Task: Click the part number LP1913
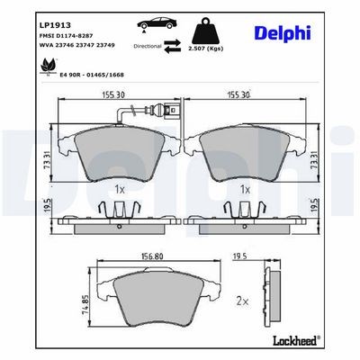point(55,25)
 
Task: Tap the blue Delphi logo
point(283,32)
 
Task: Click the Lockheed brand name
point(296,340)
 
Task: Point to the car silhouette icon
point(156,23)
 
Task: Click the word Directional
point(148,46)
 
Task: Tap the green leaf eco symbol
point(47,66)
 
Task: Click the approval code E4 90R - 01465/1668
point(93,75)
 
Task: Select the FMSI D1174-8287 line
point(66,35)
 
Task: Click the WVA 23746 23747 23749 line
point(77,45)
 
